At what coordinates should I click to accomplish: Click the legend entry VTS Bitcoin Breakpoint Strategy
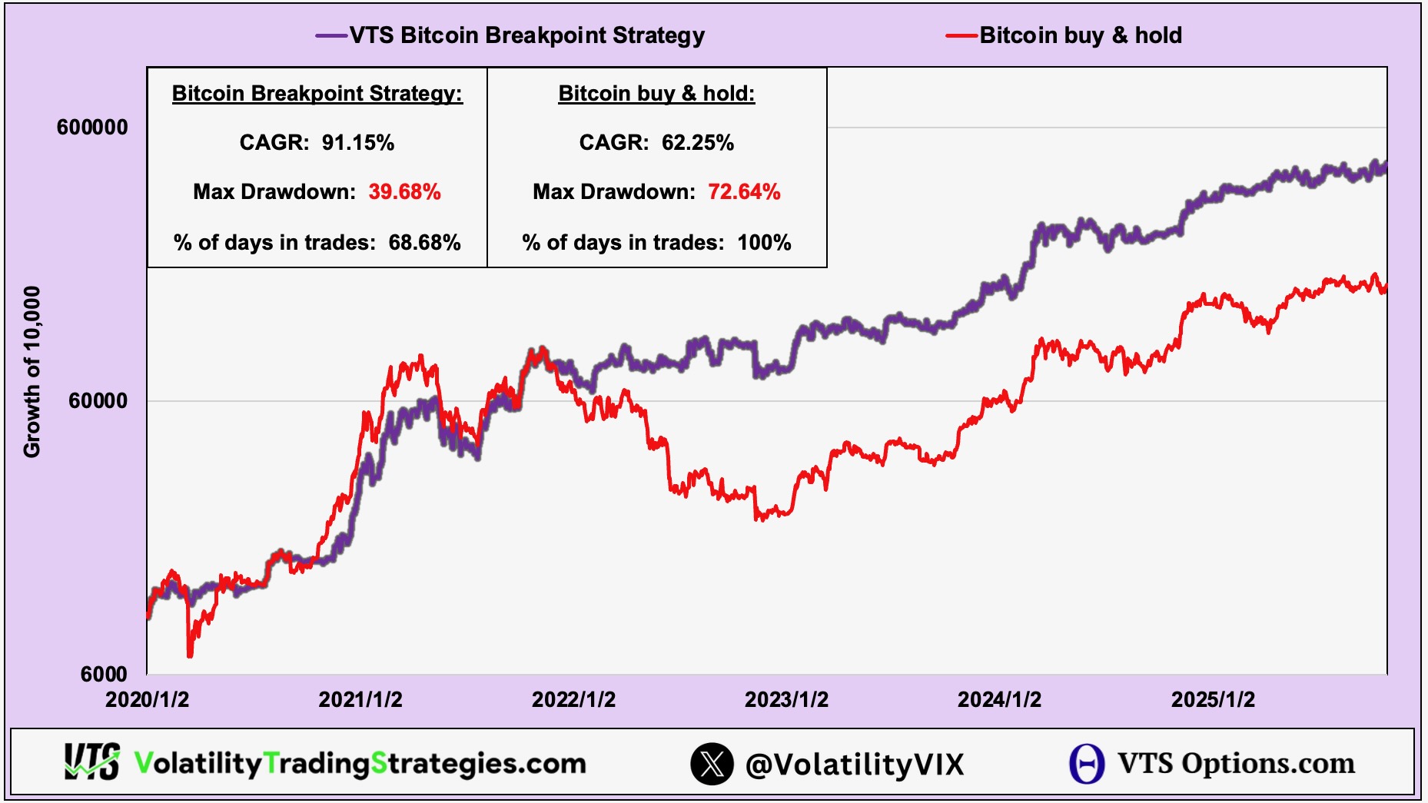[x=526, y=35]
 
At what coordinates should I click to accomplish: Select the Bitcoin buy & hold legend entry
[x=1080, y=35]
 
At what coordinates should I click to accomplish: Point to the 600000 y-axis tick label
[x=92, y=128]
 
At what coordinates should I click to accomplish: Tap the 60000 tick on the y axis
[x=98, y=401]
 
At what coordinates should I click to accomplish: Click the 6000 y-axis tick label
[x=104, y=675]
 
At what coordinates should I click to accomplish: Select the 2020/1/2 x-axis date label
[x=147, y=700]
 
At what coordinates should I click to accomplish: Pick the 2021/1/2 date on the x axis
[x=360, y=700]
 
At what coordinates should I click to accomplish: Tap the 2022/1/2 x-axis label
[x=573, y=700]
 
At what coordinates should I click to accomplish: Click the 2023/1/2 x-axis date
[x=786, y=700]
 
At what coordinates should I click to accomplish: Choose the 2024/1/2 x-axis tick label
[x=999, y=700]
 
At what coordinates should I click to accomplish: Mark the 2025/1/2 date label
[x=1213, y=700]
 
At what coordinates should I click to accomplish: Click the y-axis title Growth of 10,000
[x=32, y=372]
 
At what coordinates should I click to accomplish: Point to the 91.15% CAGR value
[x=357, y=143]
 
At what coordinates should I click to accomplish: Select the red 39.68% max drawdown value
[x=404, y=192]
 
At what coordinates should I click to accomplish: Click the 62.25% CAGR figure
[x=697, y=143]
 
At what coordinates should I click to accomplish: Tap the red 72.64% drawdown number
[x=744, y=192]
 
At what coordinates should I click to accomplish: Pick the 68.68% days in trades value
[x=424, y=243]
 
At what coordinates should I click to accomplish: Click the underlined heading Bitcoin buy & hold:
[x=656, y=94]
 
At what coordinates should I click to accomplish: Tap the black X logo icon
[x=712, y=764]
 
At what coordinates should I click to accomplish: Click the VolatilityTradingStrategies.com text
[x=360, y=764]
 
